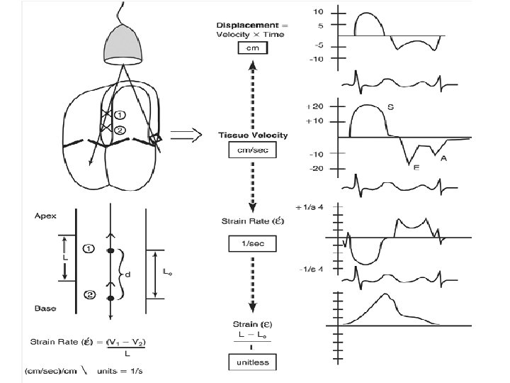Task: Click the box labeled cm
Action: click(251, 48)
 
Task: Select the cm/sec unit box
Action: click(251, 150)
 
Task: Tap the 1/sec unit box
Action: click(251, 244)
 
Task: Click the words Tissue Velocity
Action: click(251, 135)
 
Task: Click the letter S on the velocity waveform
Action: click(391, 108)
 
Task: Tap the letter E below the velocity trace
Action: click(416, 168)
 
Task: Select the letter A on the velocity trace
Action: click(443, 159)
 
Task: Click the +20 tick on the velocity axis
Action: click(315, 106)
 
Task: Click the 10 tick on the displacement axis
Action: click(319, 12)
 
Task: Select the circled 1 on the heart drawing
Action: click(120, 114)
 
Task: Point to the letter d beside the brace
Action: click(127, 274)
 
